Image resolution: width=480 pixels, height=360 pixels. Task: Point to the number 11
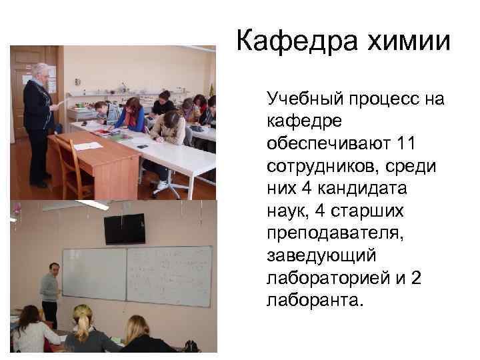(x=409, y=144)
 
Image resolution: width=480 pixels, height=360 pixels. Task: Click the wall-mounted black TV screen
(x=125, y=229)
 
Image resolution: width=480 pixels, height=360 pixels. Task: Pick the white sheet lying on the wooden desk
(x=87, y=146)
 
